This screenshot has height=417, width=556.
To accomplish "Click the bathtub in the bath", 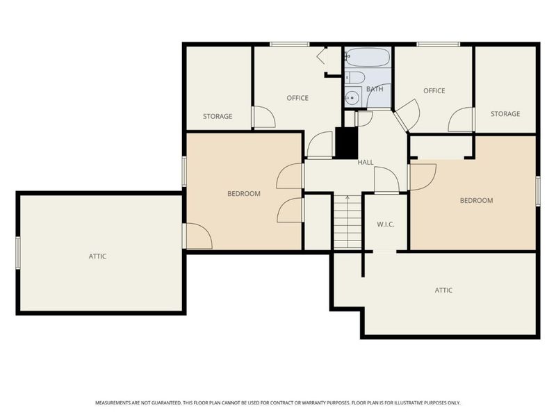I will [x=367, y=57].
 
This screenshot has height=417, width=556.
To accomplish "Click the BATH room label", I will [x=375, y=90].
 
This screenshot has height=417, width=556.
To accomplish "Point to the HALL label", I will [x=366, y=163].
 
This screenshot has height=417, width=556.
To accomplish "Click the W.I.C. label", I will [x=386, y=224].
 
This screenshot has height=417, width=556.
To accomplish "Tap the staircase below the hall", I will [x=347, y=222].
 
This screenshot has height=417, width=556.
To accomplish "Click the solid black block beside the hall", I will [x=345, y=142].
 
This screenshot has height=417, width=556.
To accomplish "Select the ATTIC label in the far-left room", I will [x=97, y=256].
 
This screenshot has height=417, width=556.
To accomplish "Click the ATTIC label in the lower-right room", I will [x=443, y=291].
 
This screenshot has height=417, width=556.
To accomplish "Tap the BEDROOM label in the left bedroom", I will [x=243, y=194].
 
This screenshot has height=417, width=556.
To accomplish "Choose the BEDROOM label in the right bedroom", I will [x=476, y=201].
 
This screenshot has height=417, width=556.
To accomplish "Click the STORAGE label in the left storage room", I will [x=218, y=117].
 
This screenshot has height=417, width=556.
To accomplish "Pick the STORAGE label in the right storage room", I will [x=505, y=114].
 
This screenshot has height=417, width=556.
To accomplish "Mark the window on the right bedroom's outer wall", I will [x=537, y=190].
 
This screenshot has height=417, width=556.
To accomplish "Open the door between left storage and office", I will [x=263, y=118].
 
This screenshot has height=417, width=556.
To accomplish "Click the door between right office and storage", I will [x=461, y=120].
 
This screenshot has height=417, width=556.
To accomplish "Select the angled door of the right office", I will [x=407, y=114].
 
